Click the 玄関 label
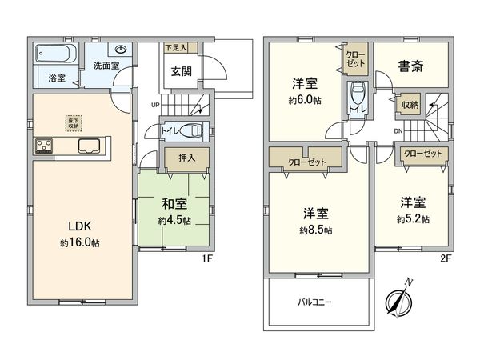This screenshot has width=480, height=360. tap(178, 70)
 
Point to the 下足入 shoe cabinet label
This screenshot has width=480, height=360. tap(176, 48)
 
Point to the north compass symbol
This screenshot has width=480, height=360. tap(398, 302)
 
